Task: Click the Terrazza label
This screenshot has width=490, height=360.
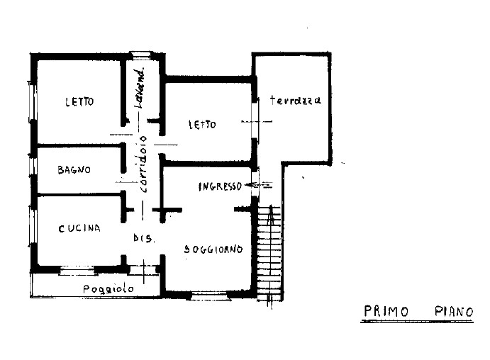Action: point(295,101)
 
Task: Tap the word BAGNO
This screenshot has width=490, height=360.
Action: point(73,170)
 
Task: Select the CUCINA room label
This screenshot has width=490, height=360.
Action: point(79,228)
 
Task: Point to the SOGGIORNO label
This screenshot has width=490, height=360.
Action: point(213,249)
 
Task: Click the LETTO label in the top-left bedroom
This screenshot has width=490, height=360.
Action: point(79,101)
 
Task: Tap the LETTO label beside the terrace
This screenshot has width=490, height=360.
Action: point(201,125)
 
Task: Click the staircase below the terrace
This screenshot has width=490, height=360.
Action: point(269,248)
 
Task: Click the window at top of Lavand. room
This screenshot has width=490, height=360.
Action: point(141,55)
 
